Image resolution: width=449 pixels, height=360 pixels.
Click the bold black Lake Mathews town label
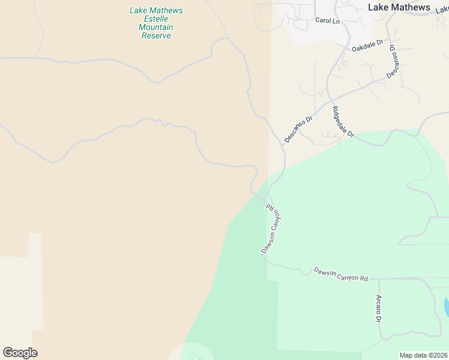[x=399, y=7]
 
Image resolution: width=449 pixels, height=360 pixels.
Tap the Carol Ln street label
[x=327, y=20]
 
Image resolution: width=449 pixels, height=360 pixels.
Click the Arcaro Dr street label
[x=379, y=308]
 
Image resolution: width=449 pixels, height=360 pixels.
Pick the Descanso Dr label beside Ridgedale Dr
[x=298, y=129]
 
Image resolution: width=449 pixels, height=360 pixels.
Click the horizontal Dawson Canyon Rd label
[x=340, y=274]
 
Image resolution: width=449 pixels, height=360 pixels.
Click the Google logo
[x=20, y=353]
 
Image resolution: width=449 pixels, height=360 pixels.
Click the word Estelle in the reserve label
[x=156, y=19]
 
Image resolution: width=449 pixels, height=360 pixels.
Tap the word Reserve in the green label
[x=156, y=36]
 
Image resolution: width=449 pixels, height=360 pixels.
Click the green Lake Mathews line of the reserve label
[x=156, y=11]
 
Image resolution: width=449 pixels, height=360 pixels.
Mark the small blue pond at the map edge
[x=446, y=307]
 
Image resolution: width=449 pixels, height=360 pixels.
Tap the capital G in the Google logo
[x=7, y=353]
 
